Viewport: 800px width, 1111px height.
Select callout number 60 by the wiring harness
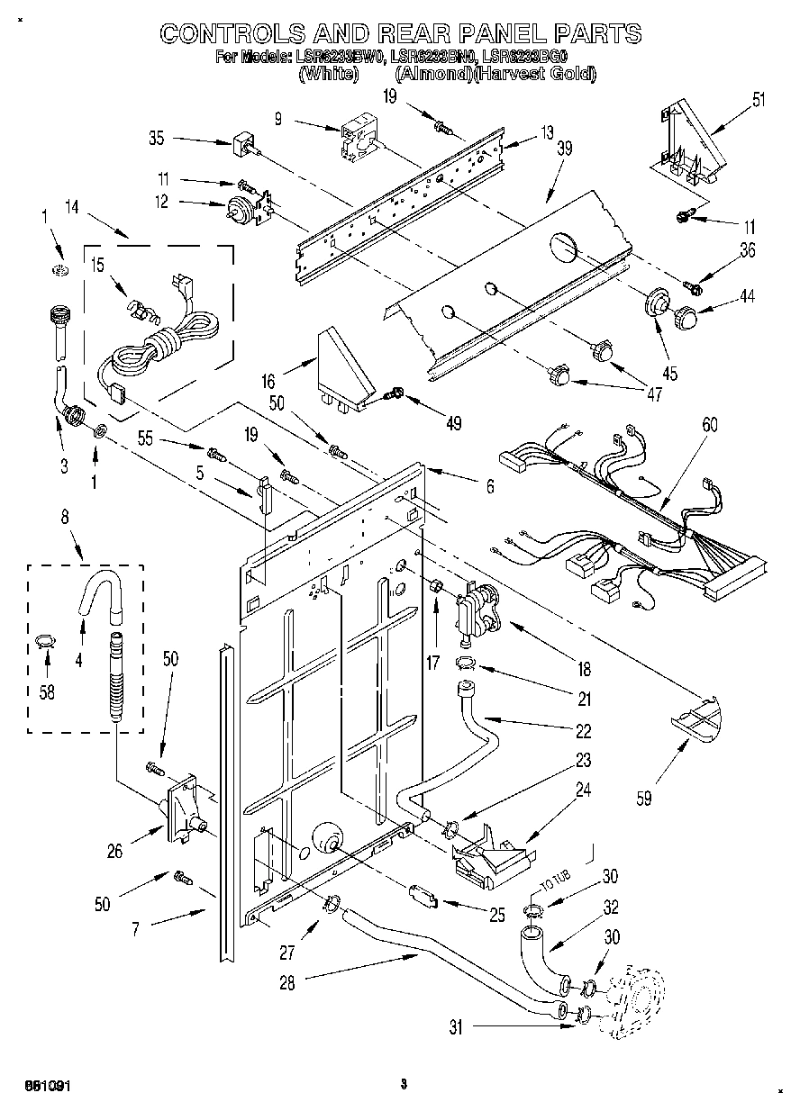click(710, 425)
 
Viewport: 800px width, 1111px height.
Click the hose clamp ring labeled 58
click(44, 641)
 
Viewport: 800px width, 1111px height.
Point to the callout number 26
click(115, 850)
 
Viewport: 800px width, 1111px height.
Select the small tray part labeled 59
click(696, 720)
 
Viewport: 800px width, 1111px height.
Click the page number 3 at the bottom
click(404, 1084)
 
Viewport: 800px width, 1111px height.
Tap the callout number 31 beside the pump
click(456, 1027)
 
